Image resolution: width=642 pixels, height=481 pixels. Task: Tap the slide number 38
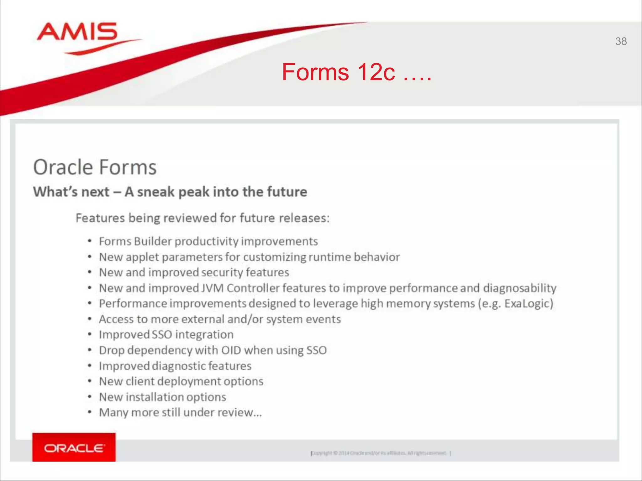coord(621,41)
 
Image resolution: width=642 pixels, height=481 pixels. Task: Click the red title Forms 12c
coord(356,72)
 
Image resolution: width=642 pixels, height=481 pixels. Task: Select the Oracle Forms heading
coord(95,167)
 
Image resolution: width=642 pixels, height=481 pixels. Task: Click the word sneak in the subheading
coord(155,192)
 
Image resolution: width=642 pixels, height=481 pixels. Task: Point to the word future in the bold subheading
coord(287,192)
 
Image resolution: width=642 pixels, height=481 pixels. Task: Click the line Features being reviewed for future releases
coord(203,218)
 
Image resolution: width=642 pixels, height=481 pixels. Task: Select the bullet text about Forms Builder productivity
coord(208,241)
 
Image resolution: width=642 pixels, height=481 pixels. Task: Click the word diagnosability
coord(519,288)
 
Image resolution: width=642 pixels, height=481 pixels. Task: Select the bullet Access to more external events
coord(219,319)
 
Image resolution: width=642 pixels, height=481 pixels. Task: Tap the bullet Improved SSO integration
coord(166,335)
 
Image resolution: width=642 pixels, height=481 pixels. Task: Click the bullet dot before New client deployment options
coord(90,381)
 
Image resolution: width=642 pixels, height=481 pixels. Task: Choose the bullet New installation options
coord(162,397)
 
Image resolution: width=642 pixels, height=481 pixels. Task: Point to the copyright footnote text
coord(380,453)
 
